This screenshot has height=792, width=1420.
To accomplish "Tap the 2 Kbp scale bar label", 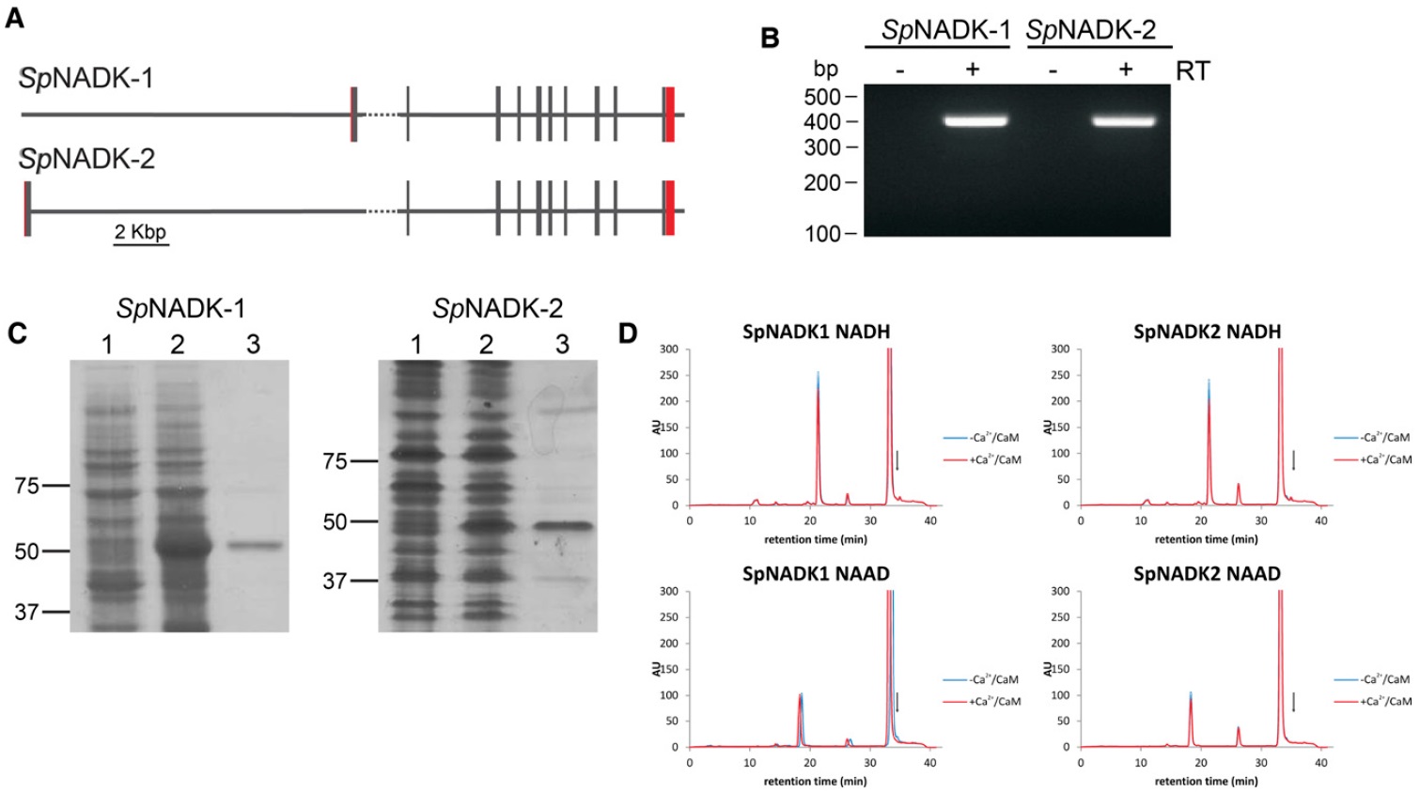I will [x=140, y=231].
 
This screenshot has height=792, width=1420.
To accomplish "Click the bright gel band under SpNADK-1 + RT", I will [x=975, y=120].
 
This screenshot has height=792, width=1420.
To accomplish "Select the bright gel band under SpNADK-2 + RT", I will [x=1124, y=120].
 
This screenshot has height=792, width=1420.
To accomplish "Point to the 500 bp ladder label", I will [x=822, y=97].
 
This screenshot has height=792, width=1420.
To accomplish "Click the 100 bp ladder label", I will [x=822, y=233].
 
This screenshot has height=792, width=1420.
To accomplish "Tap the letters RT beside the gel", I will [x=1193, y=70].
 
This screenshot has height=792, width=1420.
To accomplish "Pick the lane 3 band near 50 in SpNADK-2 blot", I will [x=564, y=526].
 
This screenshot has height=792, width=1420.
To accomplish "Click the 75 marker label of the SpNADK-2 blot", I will [x=335, y=461].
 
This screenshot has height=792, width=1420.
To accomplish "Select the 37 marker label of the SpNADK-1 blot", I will [x=26, y=612].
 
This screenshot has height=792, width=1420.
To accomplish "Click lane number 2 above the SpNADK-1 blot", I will [x=178, y=345].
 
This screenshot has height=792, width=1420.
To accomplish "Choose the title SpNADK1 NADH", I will [x=816, y=332].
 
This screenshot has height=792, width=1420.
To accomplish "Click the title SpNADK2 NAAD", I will [x=1207, y=574].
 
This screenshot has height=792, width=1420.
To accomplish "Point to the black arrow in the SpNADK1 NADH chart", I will [x=897, y=459].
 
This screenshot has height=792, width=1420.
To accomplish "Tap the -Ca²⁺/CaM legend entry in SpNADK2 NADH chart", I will [x=1384, y=438].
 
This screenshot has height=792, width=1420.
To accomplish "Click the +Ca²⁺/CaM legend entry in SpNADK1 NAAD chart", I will [x=994, y=701].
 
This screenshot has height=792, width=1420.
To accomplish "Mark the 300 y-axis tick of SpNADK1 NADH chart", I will [x=668, y=349].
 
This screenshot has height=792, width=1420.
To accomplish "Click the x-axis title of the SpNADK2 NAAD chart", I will [x=1206, y=781].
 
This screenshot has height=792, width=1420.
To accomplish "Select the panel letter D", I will [x=628, y=333].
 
